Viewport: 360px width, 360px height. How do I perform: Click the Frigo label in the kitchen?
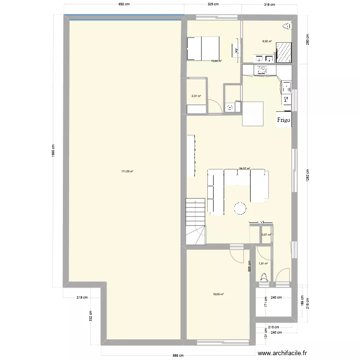283,121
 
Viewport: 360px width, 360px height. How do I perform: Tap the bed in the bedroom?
203,48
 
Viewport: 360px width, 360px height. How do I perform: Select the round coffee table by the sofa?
240,207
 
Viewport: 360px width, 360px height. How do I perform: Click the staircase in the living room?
195,222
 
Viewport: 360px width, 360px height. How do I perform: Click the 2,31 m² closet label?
196,96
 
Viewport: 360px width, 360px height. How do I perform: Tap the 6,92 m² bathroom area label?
267,41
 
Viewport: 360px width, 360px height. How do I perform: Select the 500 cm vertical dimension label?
250,266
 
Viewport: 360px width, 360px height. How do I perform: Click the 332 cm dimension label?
90,315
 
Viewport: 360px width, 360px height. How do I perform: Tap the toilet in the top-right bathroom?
288,26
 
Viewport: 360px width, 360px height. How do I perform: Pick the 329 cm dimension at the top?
213,4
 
